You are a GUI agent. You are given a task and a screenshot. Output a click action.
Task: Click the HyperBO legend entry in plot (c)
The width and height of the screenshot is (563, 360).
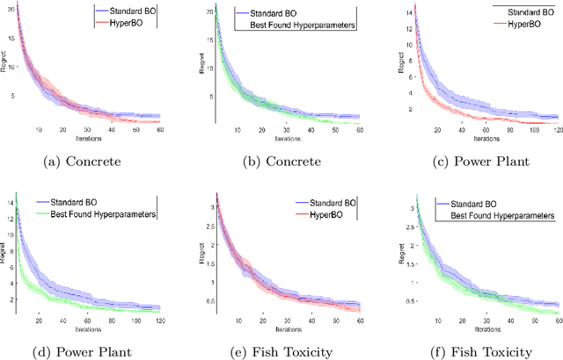click(509, 25)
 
